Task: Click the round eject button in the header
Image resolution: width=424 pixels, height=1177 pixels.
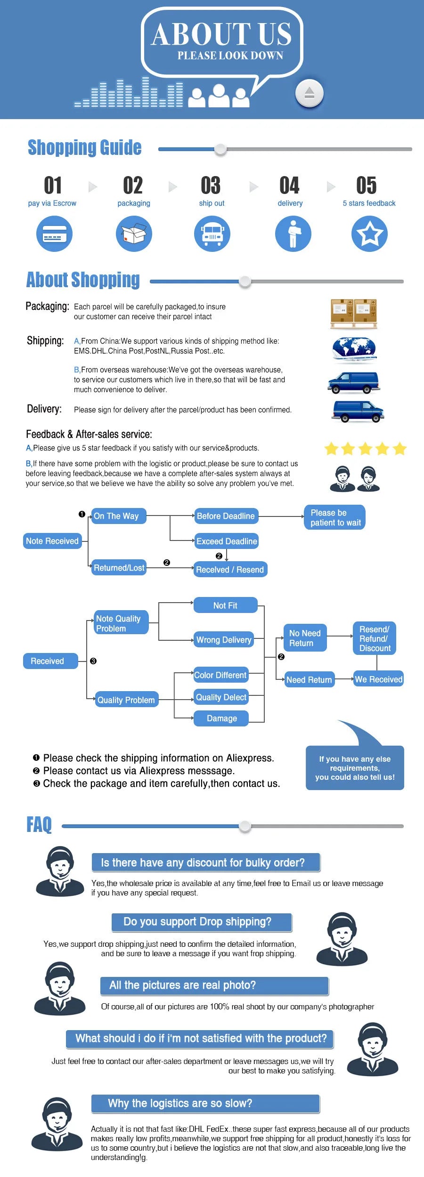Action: pos(309,93)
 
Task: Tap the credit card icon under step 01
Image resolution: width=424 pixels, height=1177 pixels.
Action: pos(55,234)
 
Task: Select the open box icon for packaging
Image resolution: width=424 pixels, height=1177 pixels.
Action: pos(134,234)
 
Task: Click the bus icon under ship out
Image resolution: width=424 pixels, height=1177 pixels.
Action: pos(212,234)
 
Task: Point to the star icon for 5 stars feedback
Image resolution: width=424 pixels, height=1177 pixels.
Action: pos(369,234)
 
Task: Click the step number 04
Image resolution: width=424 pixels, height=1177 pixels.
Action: pos(289,185)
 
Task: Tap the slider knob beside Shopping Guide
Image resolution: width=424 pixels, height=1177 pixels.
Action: pos(220,149)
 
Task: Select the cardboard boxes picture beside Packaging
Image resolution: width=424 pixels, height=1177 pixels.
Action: pos(354,313)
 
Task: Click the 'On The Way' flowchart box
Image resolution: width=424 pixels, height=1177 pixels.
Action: pos(118,516)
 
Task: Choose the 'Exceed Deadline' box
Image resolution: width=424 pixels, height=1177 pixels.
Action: pos(227,541)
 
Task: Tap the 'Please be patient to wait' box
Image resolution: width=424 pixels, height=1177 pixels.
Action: pos(334,517)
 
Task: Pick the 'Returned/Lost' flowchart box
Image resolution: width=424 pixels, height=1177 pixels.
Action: pos(119,568)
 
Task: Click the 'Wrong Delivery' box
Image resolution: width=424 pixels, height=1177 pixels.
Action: pos(224,640)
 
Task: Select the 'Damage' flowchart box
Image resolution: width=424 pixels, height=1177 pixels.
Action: pos(221,718)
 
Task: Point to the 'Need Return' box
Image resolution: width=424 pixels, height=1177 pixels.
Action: pos(309,680)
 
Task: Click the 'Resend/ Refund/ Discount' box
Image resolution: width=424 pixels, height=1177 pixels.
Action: pos(375,638)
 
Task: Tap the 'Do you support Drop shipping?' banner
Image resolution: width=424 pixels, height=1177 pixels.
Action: pos(202,922)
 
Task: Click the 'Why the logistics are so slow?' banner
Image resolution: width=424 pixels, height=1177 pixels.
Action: pos(205,1104)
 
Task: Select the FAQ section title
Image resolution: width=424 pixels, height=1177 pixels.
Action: pos(39,825)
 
